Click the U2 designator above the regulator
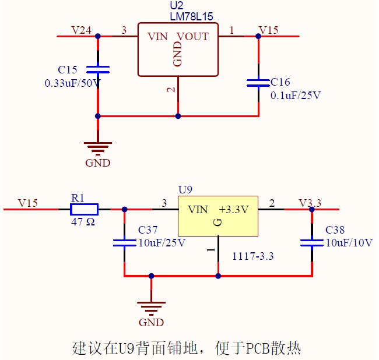tap(174, 6)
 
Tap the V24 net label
tap(81, 30)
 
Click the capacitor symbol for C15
tap(98, 70)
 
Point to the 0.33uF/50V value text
tap(72, 83)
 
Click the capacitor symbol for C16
tap(258, 83)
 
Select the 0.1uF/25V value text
tap(295, 96)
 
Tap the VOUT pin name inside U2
tap(192, 37)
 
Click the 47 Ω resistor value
tap(83, 222)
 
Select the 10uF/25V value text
tap(162, 243)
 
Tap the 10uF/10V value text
tap(349, 243)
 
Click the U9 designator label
tap(185, 190)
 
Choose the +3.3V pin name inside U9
tap(234, 210)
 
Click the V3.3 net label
tap(310, 203)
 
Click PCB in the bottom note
tap(258, 348)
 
